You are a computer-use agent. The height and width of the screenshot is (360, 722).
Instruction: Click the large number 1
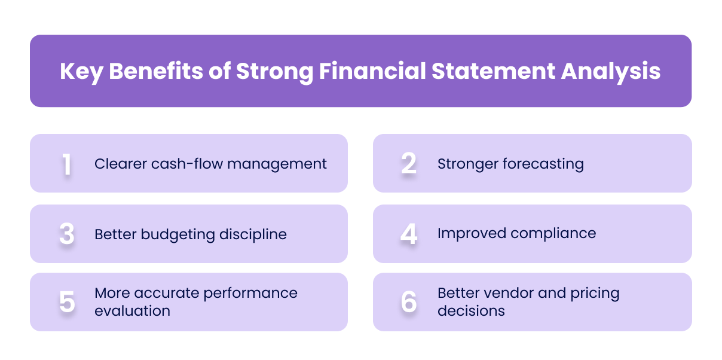click(x=67, y=164)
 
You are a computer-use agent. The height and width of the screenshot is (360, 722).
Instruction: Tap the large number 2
click(x=409, y=164)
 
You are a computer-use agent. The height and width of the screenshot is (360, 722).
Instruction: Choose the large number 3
click(x=67, y=234)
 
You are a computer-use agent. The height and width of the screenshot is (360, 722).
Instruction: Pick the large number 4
click(x=409, y=234)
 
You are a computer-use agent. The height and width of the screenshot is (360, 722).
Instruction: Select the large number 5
click(x=67, y=303)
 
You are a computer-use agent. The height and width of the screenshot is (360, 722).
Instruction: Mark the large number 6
click(x=409, y=303)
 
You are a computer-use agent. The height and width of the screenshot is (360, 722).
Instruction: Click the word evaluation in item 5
click(x=132, y=311)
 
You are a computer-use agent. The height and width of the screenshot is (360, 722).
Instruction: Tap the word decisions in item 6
click(x=471, y=311)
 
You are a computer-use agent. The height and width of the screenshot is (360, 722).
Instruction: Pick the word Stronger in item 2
click(x=470, y=164)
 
